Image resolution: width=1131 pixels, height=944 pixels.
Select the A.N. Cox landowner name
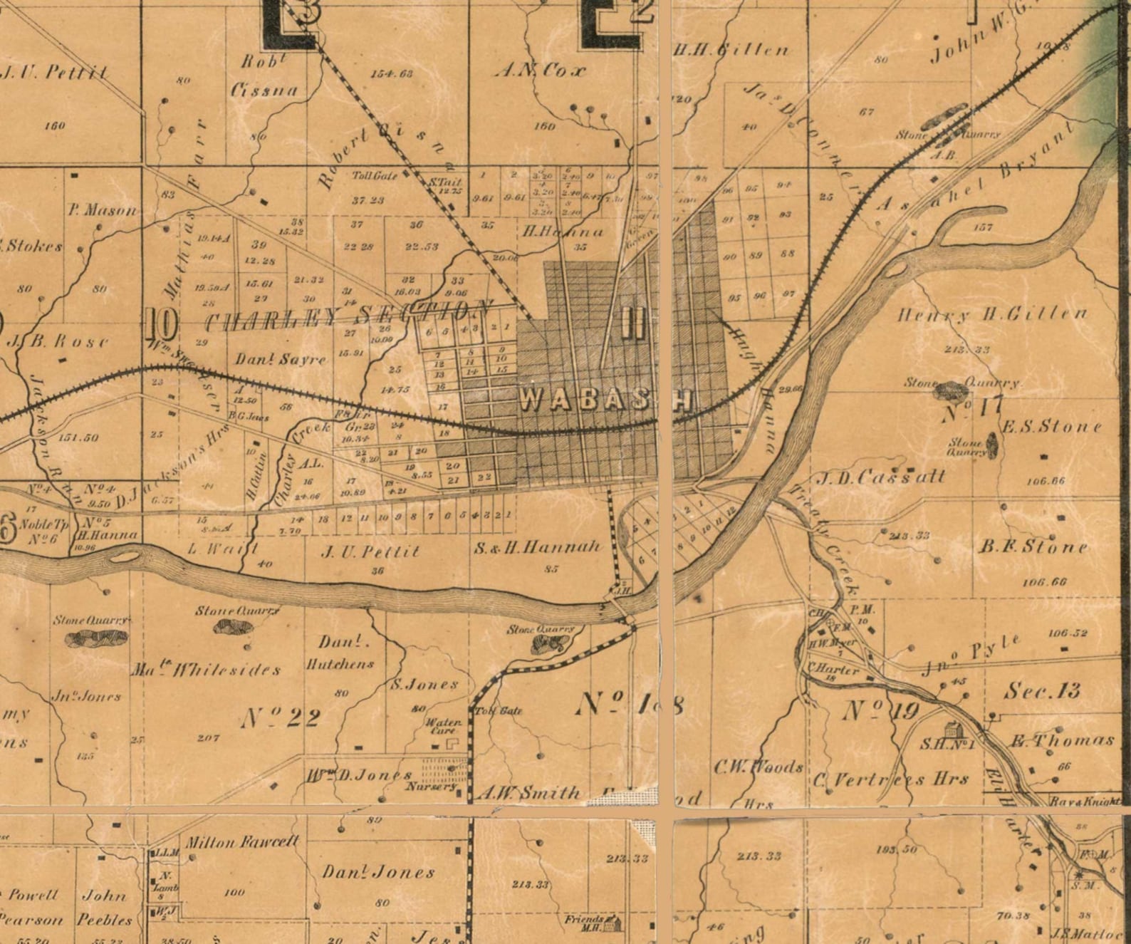[541, 71]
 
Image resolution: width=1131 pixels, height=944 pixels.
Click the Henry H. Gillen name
[993, 313]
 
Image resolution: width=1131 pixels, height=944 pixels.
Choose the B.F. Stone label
[1033, 547]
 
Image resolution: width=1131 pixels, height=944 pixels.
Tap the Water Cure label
[444, 726]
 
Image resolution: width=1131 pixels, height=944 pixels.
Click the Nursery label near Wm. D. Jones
[429, 787]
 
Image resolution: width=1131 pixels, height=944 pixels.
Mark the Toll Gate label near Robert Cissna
[375, 175]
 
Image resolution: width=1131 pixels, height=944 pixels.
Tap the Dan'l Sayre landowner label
[281, 359]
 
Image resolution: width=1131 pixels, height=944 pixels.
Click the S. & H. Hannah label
[538, 547]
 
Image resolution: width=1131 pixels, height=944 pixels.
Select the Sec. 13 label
[1042, 690]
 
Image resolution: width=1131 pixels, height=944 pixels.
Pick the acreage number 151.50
[78, 437]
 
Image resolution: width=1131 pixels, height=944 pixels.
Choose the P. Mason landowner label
[102, 210]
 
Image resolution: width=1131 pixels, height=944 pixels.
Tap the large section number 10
[162, 326]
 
